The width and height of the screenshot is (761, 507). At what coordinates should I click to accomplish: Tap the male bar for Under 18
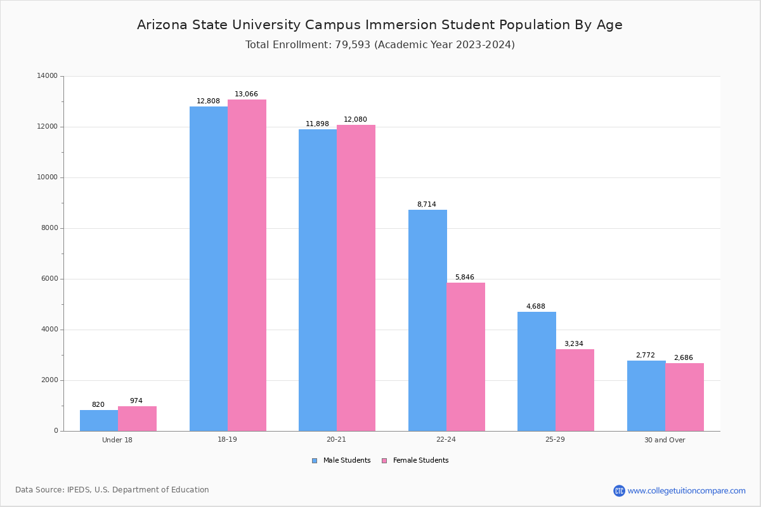pos(99,420)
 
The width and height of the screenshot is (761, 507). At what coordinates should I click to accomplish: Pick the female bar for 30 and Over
pos(684,397)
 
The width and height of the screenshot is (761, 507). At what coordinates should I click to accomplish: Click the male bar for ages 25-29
pos(537,371)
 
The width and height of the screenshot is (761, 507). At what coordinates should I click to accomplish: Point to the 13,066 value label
pos(246,94)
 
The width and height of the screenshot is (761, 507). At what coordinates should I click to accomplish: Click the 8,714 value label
pos(426,205)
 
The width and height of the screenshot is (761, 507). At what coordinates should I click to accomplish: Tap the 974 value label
pos(136,401)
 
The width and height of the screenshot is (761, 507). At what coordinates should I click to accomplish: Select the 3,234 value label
pos(573,344)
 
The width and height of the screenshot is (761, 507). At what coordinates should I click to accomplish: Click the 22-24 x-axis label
pos(446,440)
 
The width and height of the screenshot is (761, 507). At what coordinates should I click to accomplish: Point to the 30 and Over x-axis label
pos(665,440)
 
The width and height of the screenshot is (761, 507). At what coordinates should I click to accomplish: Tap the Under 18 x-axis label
pos(117,440)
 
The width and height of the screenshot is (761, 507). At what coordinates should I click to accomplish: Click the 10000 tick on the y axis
pos(48,177)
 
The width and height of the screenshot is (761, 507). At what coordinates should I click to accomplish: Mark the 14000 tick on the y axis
pos(48,76)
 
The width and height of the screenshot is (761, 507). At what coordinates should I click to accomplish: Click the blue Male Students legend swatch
pos(315,461)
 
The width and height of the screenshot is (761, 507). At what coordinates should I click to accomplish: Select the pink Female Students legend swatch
pos(384,461)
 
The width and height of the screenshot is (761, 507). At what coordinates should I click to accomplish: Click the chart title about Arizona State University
pos(380,25)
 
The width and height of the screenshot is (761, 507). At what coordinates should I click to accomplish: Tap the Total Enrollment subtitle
pos(380,45)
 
